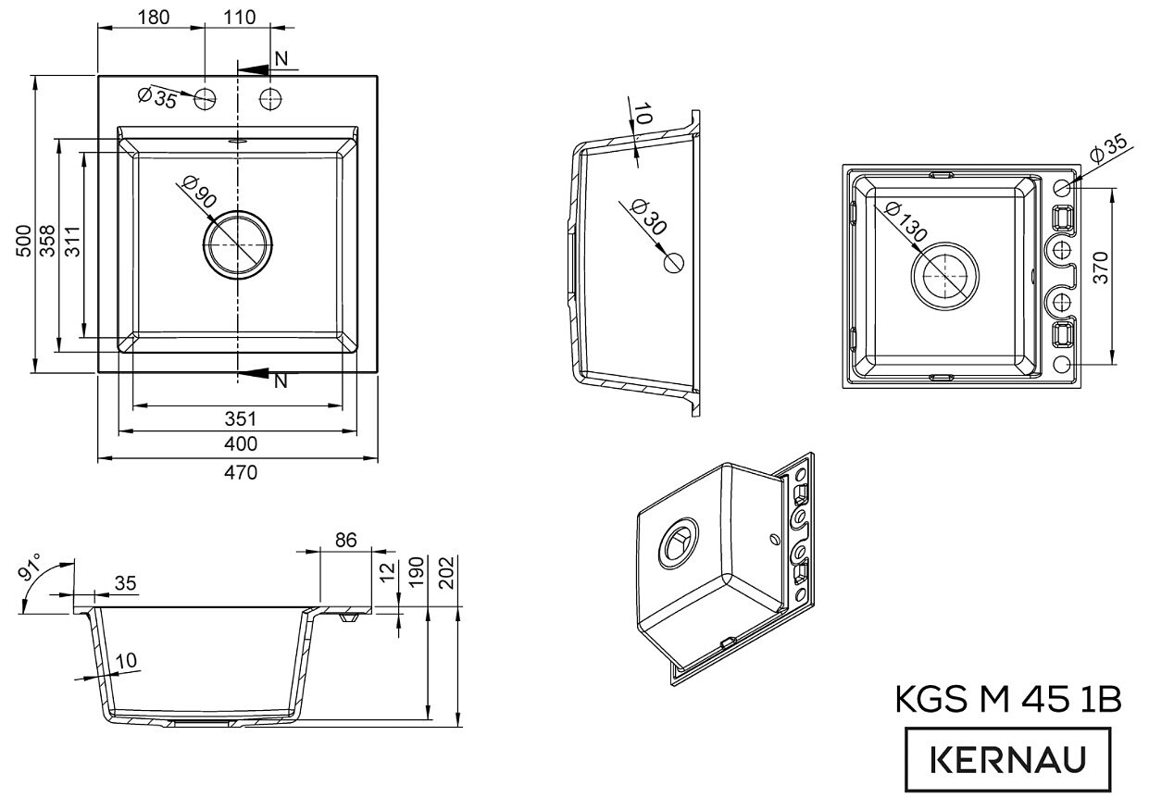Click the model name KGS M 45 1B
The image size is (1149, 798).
pos(1007,701)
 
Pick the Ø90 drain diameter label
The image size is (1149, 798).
pos(198,193)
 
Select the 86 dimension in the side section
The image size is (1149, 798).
pos(345,541)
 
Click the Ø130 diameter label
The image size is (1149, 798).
pos(904,221)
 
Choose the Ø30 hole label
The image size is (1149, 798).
pos(646,218)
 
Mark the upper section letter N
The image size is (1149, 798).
pos(281,59)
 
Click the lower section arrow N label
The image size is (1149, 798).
pos(281,380)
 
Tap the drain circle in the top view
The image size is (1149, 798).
pos(239,244)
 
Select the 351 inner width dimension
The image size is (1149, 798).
pos(240,418)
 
